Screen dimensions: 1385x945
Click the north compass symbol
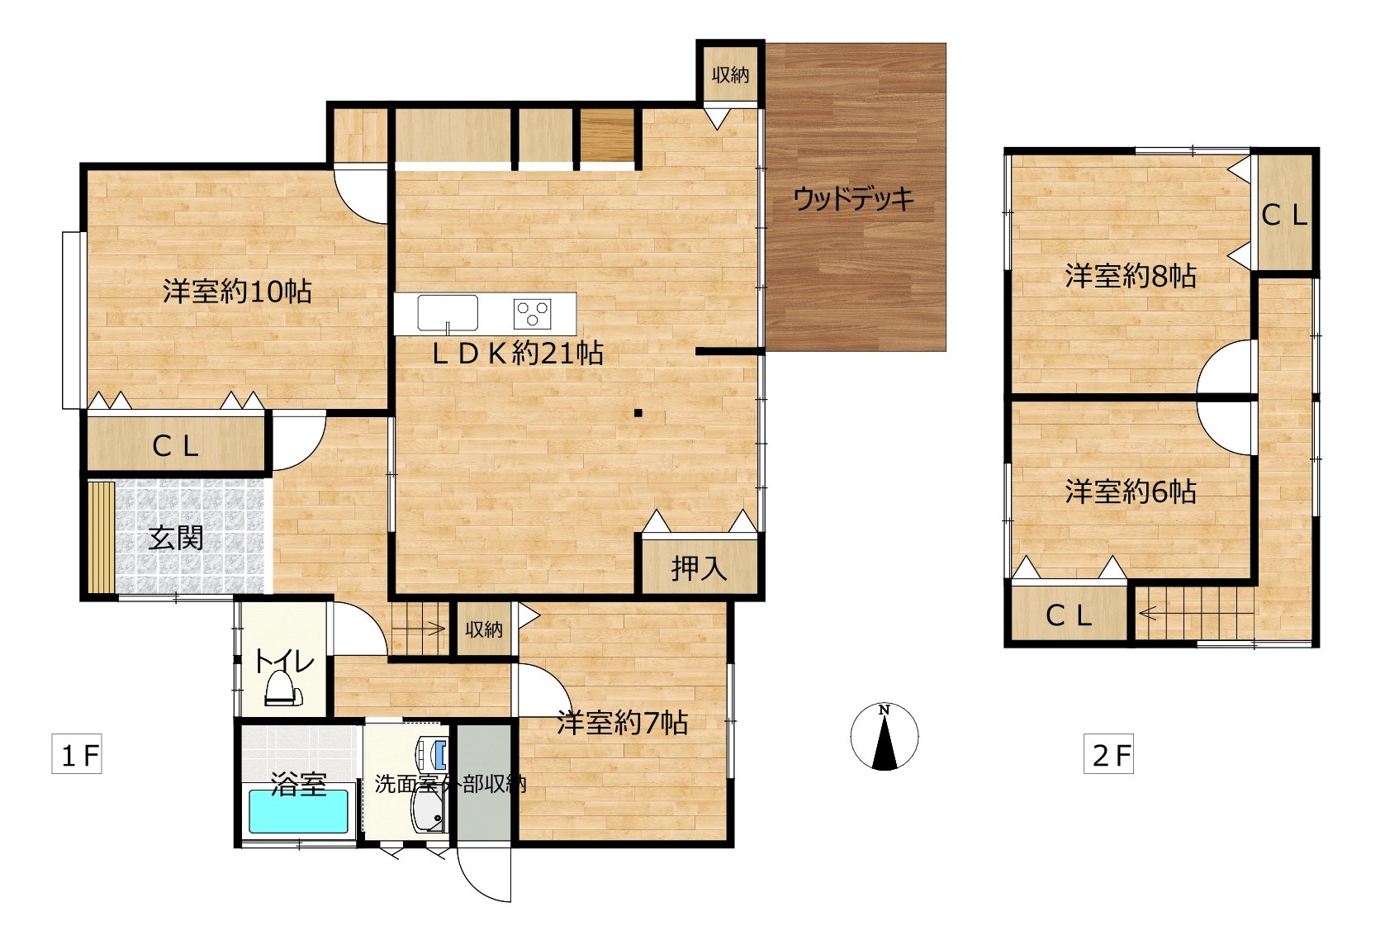click(885, 737)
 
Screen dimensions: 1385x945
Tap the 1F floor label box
click(77, 754)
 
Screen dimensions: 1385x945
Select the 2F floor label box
click(1108, 754)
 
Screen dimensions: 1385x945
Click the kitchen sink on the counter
click(448, 313)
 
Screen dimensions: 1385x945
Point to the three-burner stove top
click(533, 314)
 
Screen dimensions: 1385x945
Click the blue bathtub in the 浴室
click(299, 811)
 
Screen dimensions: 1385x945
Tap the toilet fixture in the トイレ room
click(283, 689)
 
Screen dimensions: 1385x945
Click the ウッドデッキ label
click(853, 199)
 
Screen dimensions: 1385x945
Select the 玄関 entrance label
click(176, 539)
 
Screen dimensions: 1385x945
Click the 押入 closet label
click(700, 568)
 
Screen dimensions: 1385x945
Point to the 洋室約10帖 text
click(237, 292)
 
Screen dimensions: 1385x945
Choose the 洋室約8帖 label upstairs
click(1131, 276)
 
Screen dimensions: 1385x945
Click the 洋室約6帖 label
click(1131, 491)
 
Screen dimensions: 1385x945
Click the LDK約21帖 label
click(517, 354)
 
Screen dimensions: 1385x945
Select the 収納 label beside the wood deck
click(730, 75)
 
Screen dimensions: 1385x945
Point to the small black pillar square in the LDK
click(638, 413)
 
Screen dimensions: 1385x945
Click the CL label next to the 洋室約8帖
click(1285, 216)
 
